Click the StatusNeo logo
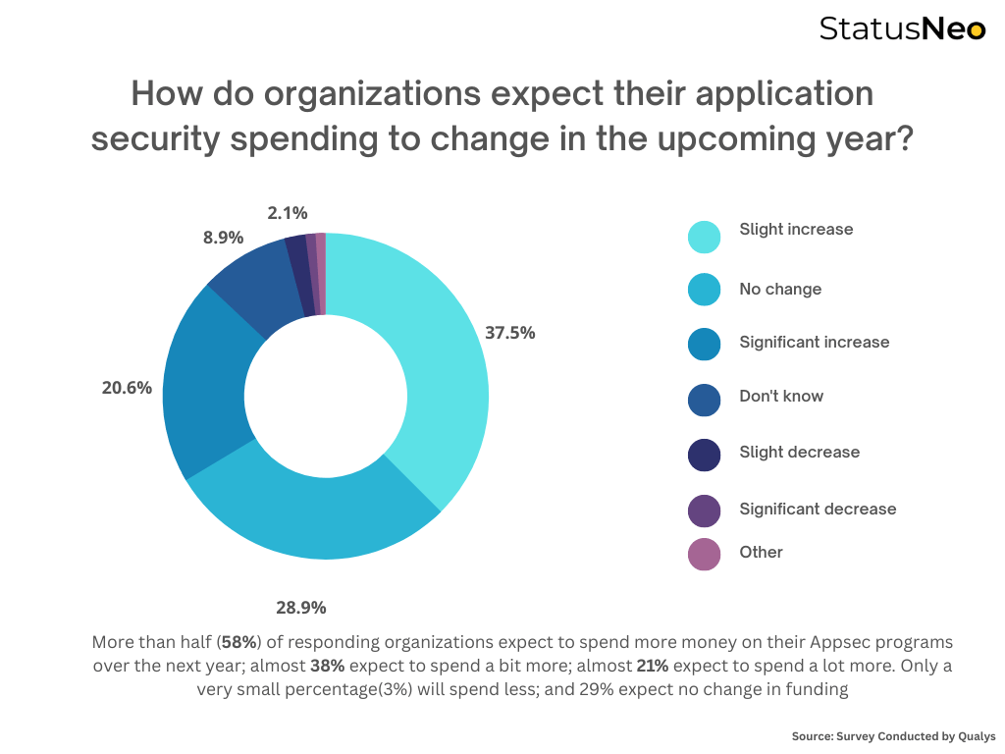click(x=902, y=28)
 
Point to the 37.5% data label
click(x=510, y=333)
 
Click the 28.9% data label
click(x=301, y=608)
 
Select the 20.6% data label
click(x=127, y=388)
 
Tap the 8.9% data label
click(x=224, y=238)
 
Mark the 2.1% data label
click(x=287, y=212)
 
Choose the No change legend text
click(x=780, y=290)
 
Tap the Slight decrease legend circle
click(x=704, y=455)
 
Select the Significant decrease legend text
click(x=818, y=509)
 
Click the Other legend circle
click(x=704, y=554)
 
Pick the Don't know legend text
click(x=781, y=397)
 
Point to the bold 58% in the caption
click(x=238, y=642)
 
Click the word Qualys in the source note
click(x=975, y=736)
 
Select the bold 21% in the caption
click(x=653, y=666)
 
